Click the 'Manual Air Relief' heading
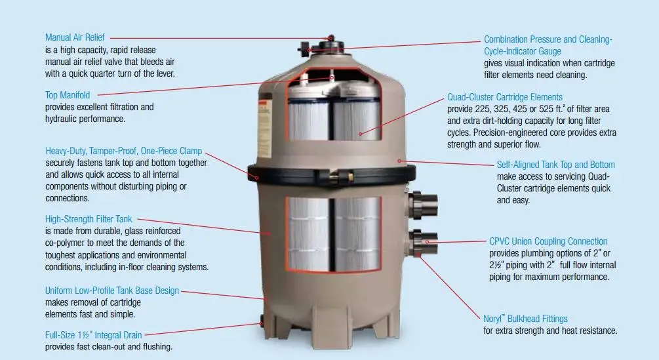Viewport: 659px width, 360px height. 75,38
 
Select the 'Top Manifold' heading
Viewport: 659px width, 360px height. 68,96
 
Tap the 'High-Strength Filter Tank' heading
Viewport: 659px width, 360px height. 89,220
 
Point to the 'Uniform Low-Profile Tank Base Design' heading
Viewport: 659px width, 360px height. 111,290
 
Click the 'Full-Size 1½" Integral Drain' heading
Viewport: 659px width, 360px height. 93,335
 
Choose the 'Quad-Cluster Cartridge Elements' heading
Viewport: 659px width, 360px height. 505,97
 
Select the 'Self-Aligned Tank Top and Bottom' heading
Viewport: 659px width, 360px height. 556,165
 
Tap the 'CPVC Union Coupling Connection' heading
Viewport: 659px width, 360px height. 548,241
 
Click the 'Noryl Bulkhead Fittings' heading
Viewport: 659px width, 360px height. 525,319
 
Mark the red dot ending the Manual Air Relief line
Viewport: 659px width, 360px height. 331,40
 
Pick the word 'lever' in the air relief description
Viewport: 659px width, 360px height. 163,73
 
